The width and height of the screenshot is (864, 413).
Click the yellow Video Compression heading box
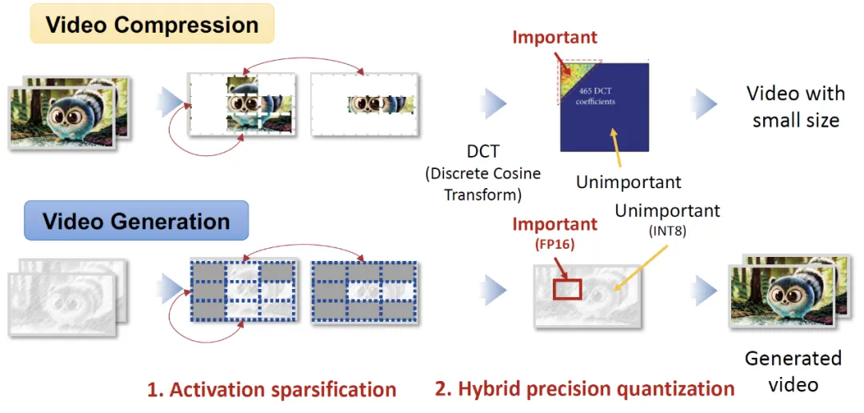152,24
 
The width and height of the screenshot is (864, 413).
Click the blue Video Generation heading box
136,221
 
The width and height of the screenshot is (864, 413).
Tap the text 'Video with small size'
795,106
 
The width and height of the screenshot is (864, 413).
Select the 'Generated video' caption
793,370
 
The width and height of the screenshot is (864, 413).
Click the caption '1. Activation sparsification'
271,390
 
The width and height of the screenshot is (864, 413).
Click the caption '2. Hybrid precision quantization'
585,389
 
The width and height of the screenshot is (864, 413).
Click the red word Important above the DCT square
554,37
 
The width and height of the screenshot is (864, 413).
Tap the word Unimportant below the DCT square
629,182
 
